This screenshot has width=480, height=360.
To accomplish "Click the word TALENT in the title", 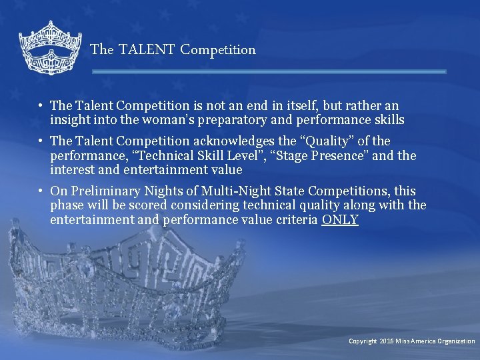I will point(147,49).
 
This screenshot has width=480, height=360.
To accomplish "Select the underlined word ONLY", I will point(340,220).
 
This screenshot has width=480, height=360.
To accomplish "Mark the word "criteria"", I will point(295,220).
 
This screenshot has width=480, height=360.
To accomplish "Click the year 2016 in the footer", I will point(387,341).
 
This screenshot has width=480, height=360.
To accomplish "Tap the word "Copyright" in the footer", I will point(363,341).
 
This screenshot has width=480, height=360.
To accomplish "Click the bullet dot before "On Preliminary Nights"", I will point(41,191).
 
